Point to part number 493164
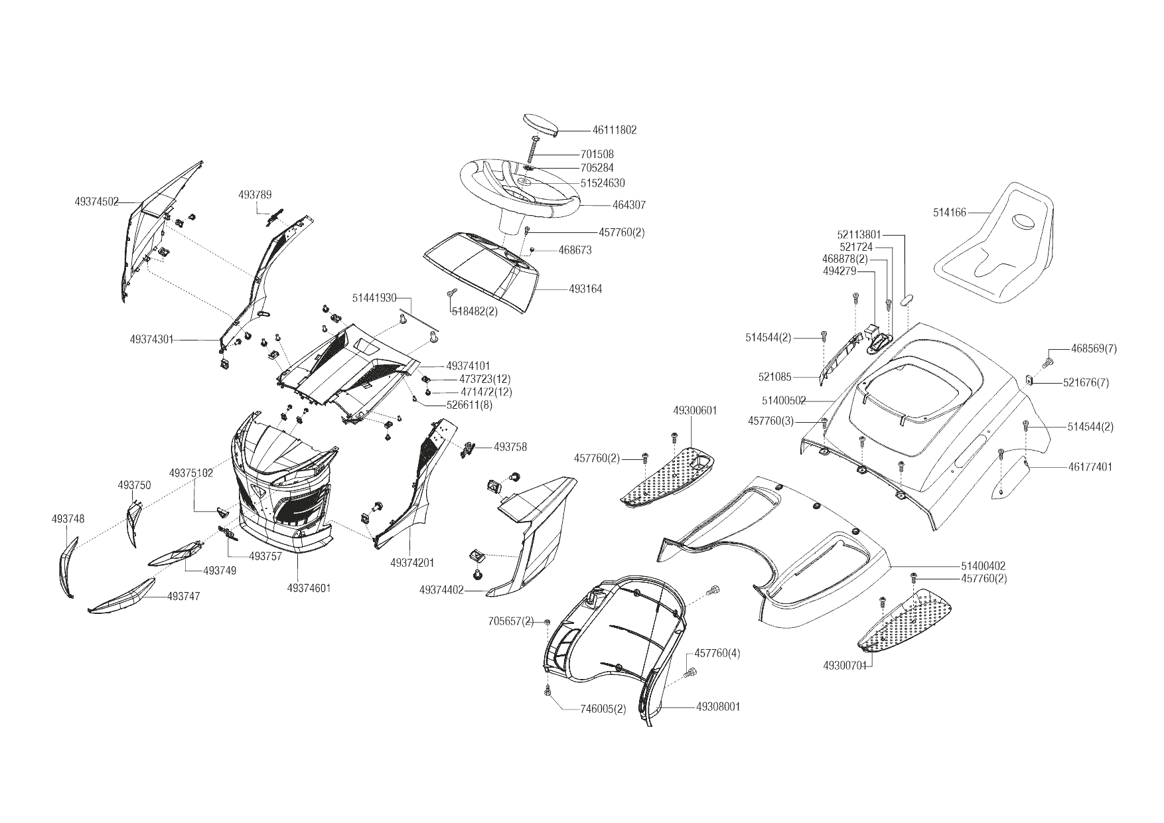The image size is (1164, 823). [585, 289]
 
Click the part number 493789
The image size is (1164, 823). [255, 194]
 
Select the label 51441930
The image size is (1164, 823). [374, 298]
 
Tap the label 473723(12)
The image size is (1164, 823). [486, 379]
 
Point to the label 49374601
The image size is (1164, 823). [309, 588]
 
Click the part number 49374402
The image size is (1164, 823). [441, 590]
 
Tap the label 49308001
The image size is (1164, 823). [718, 707]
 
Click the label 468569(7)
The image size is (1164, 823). [1094, 348]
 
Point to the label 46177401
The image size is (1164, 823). [1090, 467]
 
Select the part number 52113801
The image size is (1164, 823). [859, 234]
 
